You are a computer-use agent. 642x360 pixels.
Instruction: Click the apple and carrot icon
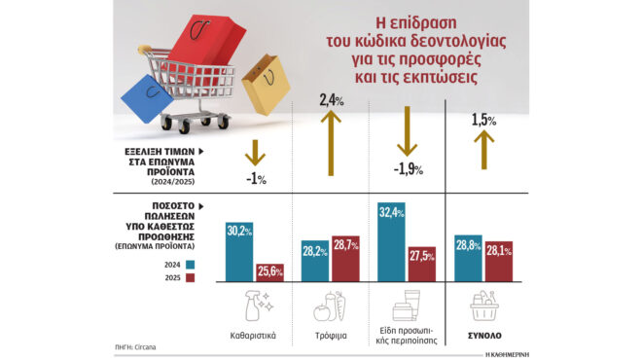point(330,307)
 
